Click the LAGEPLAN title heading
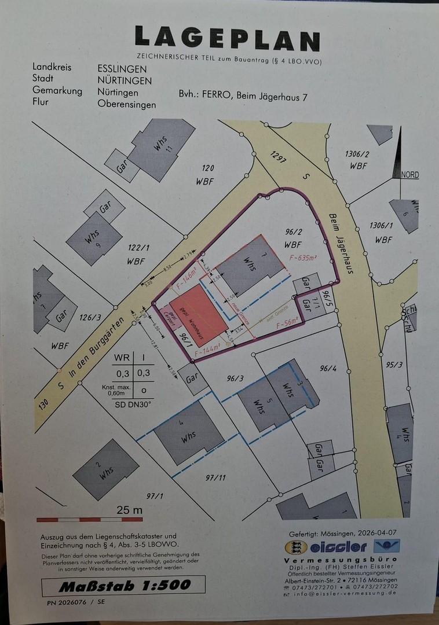pyautogui.click(x=227, y=39)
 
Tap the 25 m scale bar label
pyautogui.click(x=130, y=510)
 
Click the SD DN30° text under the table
pyautogui.click(x=133, y=404)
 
